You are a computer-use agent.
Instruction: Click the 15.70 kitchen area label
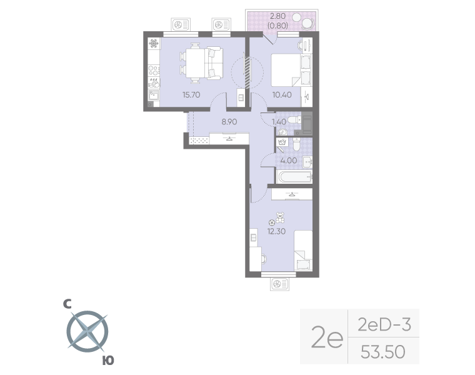coord(191,95)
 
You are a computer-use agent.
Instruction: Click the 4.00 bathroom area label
coord(289,160)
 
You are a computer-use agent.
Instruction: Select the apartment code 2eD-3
coord(383,324)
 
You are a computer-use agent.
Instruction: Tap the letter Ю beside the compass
coord(108,360)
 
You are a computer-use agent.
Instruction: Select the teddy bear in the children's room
coord(280,218)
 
